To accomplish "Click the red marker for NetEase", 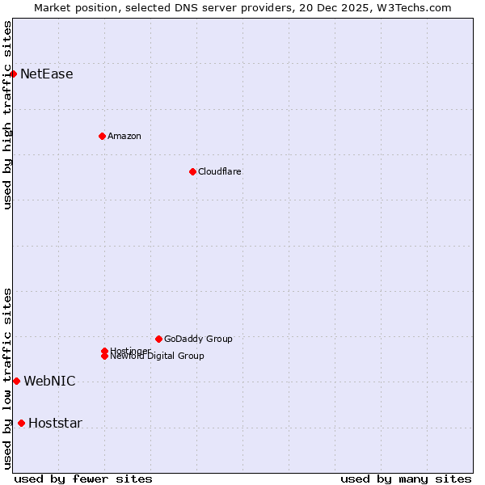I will click(13, 74).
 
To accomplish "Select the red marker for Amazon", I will click(102, 136).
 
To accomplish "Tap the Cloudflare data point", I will click(192, 171).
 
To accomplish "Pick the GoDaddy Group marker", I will click(158, 339).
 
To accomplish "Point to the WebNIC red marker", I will click(16, 381).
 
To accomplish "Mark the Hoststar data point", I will click(21, 423).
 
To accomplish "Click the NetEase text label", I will click(47, 74).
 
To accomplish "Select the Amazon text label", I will click(124, 136).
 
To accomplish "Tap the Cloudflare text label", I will click(220, 171).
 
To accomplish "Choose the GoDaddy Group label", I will click(198, 339).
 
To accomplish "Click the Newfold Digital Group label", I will click(158, 356).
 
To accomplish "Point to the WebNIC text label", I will click(49, 382).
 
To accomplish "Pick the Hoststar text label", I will click(55, 424).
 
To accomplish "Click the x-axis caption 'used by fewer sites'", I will click(83, 479).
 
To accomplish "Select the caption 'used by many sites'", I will click(406, 479).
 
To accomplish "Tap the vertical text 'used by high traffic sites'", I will click(7, 115).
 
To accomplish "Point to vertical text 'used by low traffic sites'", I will click(7, 378).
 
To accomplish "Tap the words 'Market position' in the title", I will click(71, 7).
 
